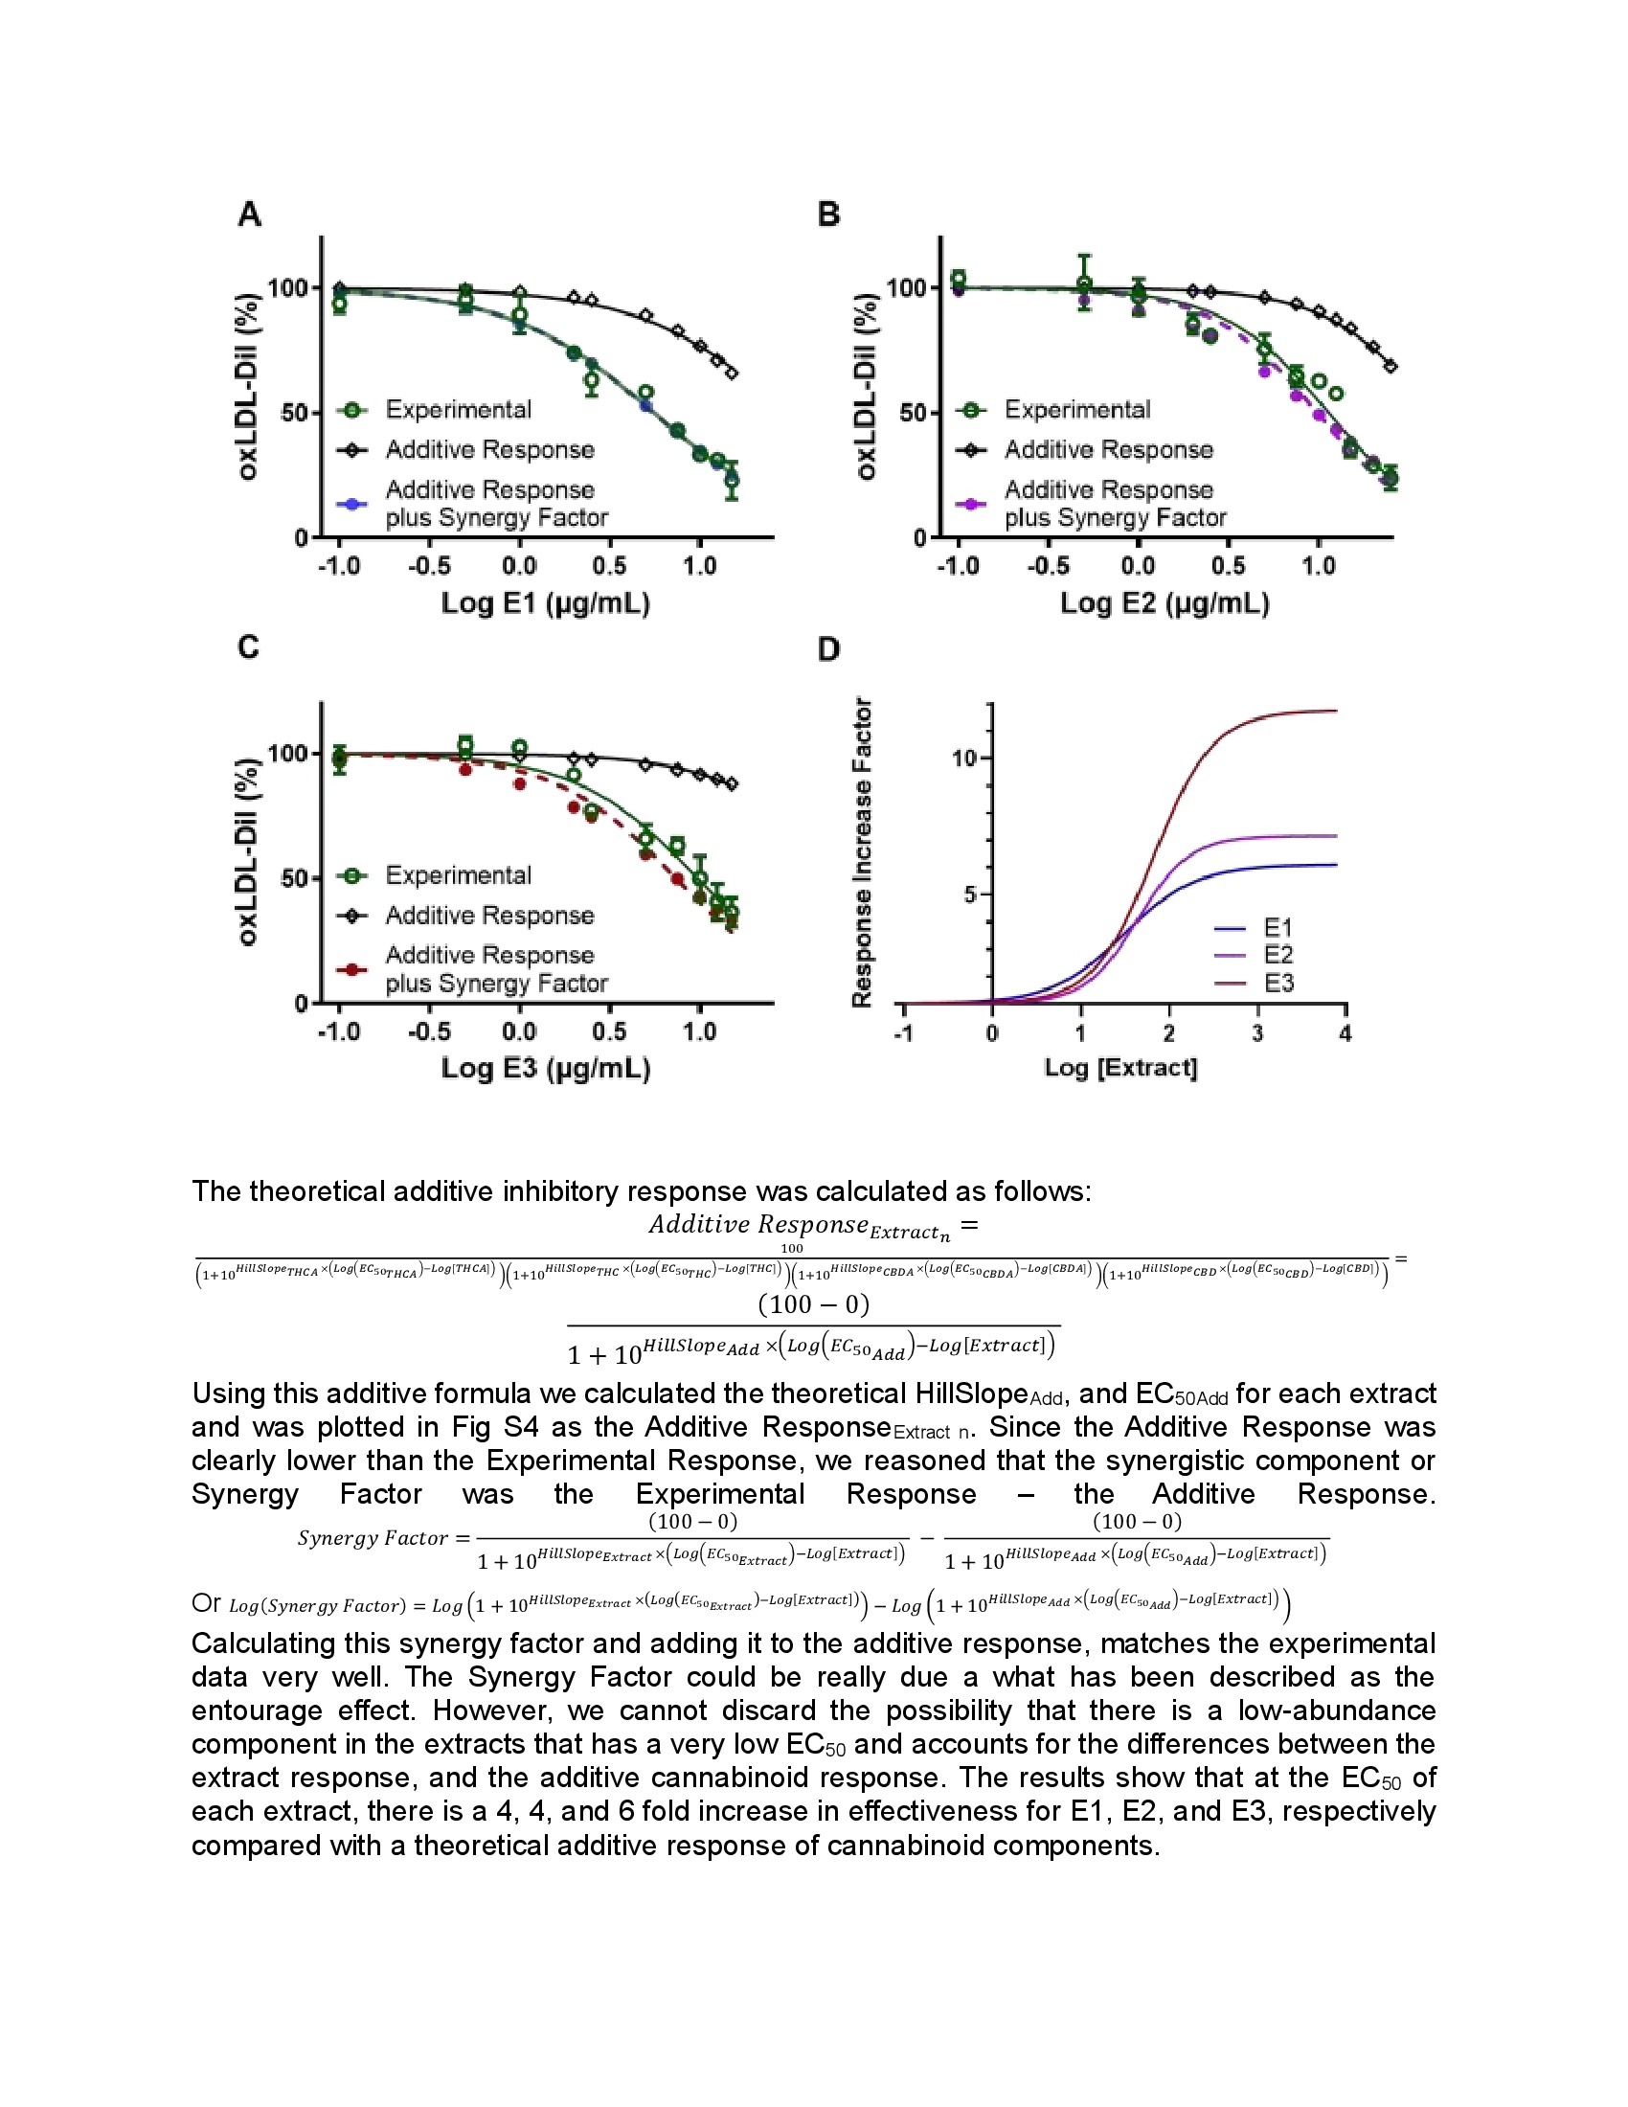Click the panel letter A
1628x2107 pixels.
(250, 214)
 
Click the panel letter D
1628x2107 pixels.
(828, 649)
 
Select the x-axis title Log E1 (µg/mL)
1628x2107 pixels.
(546, 604)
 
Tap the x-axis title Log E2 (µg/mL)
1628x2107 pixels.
(1165, 604)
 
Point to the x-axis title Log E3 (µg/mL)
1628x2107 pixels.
(546, 1069)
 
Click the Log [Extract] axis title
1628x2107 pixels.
(1120, 1068)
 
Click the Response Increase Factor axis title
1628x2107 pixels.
(862, 852)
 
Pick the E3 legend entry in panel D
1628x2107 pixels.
(1278, 983)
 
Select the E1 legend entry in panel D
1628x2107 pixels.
(1278, 928)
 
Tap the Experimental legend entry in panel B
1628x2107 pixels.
(1077, 410)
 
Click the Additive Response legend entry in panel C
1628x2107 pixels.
(489, 915)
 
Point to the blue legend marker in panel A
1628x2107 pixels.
(352, 504)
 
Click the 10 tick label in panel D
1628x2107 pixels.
(964, 759)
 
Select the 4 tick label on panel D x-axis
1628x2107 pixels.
(1345, 1033)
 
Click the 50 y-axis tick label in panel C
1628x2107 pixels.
(293, 879)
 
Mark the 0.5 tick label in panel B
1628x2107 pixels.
(1228, 566)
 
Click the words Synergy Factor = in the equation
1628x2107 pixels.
(384, 1538)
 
